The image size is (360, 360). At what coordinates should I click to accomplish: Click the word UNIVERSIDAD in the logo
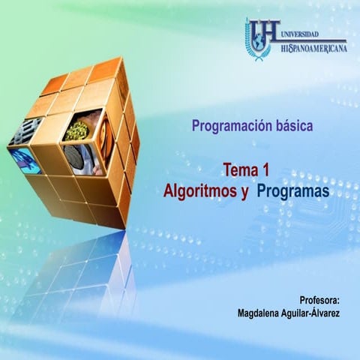pos(299,34)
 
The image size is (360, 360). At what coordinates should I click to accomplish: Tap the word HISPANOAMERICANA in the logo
pos(313,47)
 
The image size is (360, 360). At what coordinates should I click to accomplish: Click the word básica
pos(293,126)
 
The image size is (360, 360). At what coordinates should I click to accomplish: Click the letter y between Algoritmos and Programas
pos(244,193)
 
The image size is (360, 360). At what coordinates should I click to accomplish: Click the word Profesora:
pos(319,298)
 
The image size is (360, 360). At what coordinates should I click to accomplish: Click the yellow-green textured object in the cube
pos(76,129)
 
